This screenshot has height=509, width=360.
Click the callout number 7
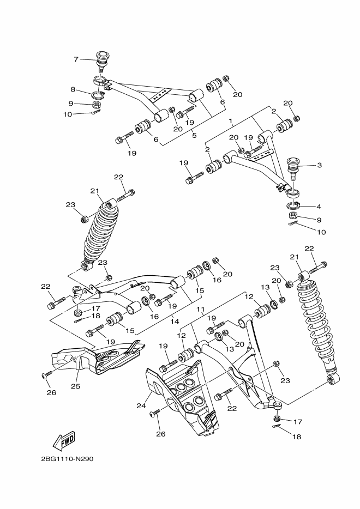click(76, 59)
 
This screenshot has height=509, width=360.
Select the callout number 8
click(72, 89)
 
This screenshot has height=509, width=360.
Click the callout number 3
click(319, 165)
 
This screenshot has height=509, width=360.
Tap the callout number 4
click(319, 207)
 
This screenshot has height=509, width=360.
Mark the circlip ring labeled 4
click(292, 205)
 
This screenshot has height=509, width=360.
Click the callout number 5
click(194, 136)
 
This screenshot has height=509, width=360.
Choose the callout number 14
click(175, 322)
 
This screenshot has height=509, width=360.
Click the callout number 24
click(140, 405)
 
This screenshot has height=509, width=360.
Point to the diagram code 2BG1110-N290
click(67, 458)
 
